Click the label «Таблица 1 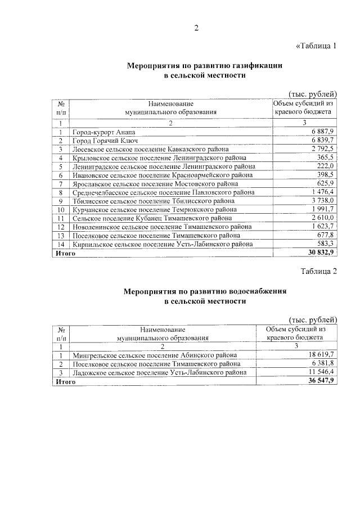click(316, 46)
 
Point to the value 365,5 click(325, 157)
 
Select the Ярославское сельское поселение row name click(155, 183)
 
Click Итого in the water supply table click(65, 381)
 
